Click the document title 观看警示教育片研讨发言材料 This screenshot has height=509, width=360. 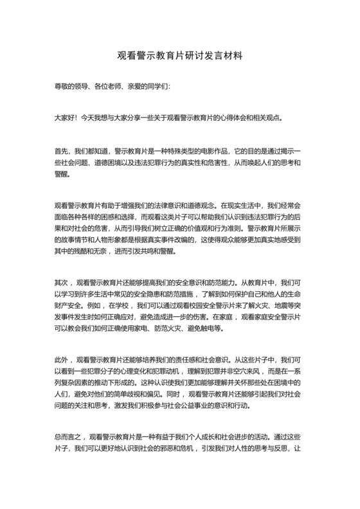(x=179, y=56)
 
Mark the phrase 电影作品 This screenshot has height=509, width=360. (x=189, y=152)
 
